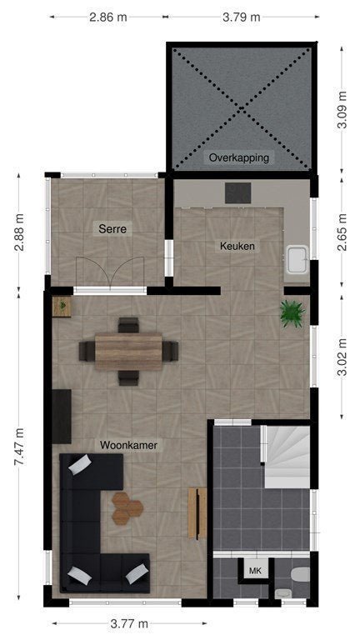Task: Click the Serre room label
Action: tap(112, 228)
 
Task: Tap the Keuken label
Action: tap(237, 246)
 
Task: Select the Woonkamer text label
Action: tap(128, 445)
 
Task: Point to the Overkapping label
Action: tap(239, 157)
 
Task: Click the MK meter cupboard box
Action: tap(255, 571)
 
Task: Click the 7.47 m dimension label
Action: tap(19, 447)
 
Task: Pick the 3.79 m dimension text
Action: tap(241, 17)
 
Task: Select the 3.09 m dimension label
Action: tap(342, 110)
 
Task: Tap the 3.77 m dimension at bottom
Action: tap(129, 623)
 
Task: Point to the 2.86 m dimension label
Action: tap(107, 17)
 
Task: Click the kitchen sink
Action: tap(297, 259)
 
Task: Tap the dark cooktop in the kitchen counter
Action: tap(238, 192)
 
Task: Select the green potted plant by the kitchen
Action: tap(292, 313)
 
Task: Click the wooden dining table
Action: tap(128, 352)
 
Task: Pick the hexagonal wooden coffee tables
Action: tap(127, 508)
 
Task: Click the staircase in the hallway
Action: tap(287, 457)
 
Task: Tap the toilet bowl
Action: tap(300, 575)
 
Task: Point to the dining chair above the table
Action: tap(128, 325)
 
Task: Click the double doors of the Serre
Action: tap(110, 272)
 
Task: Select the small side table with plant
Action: tap(62, 307)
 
